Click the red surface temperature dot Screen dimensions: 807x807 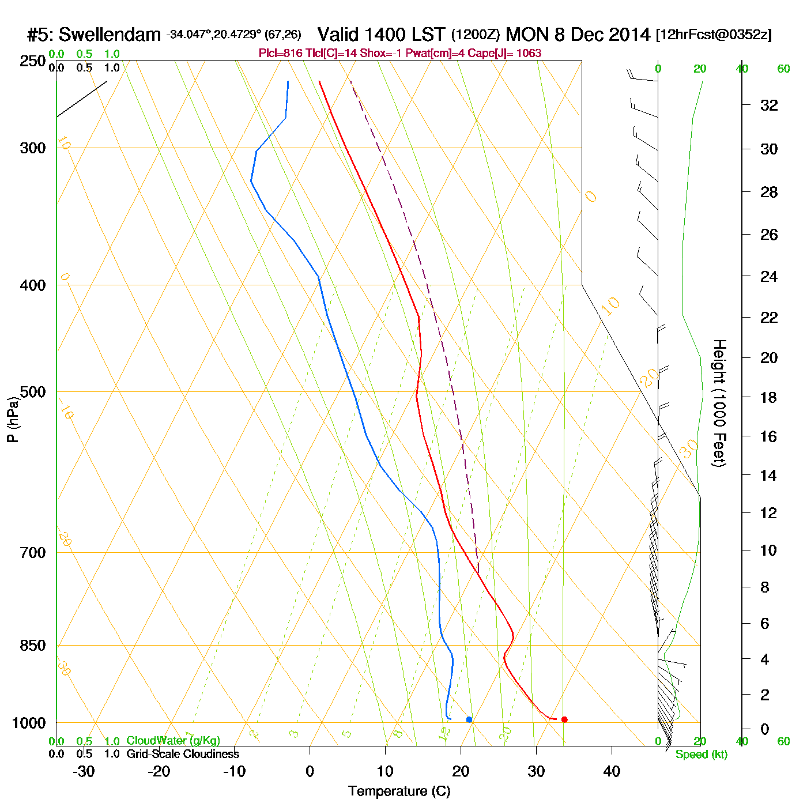tap(564, 719)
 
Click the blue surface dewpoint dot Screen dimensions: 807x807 tap(469, 719)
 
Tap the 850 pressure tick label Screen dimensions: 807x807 tap(32, 646)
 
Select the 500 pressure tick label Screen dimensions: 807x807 tap(32, 392)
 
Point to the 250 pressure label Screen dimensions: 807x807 tap(32, 61)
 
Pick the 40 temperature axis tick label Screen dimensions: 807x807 tap(612, 771)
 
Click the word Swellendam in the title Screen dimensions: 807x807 tap(110, 35)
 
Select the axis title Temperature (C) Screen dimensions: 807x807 tap(399, 791)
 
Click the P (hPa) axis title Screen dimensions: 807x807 tap(13, 419)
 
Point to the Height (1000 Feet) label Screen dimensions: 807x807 tap(719, 403)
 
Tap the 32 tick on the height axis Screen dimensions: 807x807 tap(769, 105)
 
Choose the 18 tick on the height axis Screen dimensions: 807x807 tap(769, 397)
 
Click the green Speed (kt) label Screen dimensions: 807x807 tap(702, 755)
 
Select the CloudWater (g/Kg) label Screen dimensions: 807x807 tap(174, 741)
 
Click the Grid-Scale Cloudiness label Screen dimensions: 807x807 tap(183, 754)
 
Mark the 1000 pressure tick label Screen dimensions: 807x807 tap(29, 723)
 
